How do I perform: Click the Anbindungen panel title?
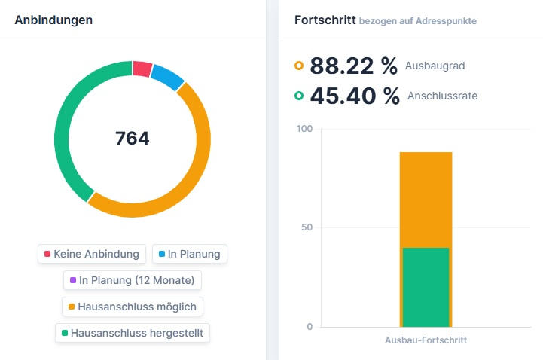pyautogui.click(x=53, y=20)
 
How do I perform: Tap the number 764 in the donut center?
pyautogui.click(x=133, y=139)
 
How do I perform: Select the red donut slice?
pyautogui.click(x=142, y=69)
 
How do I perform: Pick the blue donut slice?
pyautogui.click(x=167, y=77)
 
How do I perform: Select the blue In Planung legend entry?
pyautogui.click(x=189, y=254)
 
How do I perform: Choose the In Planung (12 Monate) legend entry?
pyautogui.click(x=133, y=280)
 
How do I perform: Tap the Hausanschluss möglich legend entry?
pyautogui.click(x=133, y=307)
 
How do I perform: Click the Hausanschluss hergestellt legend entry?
pyautogui.click(x=133, y=332)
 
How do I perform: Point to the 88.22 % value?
pyautogui.click(x=353, y=66)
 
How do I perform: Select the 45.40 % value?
pyautogui.click(x=354, y=96)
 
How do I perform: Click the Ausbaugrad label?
pyautogui.click(x=435, y=66)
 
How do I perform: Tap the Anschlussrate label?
pyautogui.click(x=442, y=96)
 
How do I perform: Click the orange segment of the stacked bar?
pyautogui.click(x=426, y=200)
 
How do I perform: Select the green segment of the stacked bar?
pyautogui.click(x=426, y=287)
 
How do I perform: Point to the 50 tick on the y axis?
pyautogui.click(x=306, y=227)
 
